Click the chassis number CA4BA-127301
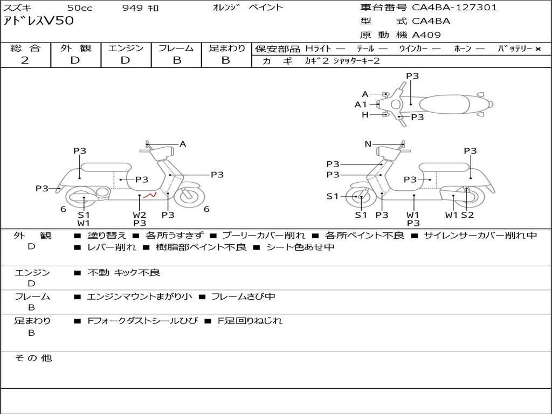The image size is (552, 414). pos(454,8)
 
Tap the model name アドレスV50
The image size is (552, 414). pos(39,22)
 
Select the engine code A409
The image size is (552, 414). pos(426,35)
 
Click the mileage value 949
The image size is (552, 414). pos(133,8)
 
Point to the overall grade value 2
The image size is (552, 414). pos(25,60)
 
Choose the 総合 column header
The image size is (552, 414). pos(25,48)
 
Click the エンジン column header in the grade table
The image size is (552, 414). pos(126,48)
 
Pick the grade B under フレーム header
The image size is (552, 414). pos(176,60)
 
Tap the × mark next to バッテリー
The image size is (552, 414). pos(537,49)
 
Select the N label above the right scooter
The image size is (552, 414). pos(368,144)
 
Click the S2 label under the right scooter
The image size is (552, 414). pos(467,215)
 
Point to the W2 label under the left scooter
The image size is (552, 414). pos(140,215)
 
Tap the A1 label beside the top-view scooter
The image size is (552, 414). pos(361,105)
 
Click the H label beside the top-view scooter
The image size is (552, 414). pos(365,115)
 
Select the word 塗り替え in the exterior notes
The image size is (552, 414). pos(107,235)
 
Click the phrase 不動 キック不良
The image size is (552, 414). pos(124,273)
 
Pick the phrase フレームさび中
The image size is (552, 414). pos(243,296)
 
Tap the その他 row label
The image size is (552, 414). pos(33,358)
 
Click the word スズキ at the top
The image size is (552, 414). pos(17,8)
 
